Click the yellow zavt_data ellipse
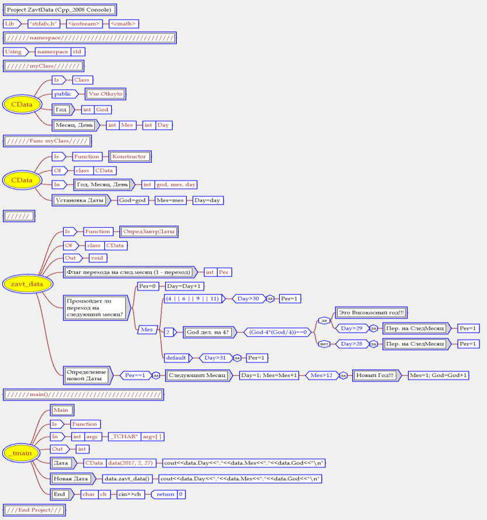tap(27, 284)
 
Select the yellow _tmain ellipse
tap(22, 453)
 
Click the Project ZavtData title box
tap(60, 10)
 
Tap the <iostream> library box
tap(84, 23)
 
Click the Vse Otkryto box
tap(106, 94)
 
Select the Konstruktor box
tap(129, 156)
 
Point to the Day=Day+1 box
tap(185, 286)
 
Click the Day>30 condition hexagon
tap(249, 299)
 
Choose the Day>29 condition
tap(351, 329)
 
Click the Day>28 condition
tap(351, 344)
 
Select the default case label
tap(176, 357)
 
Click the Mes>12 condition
tap(322, 375)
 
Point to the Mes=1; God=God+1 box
tap(438, 375)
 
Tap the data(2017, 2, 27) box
tap(130, 463)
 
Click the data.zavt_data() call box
tap(127, 478)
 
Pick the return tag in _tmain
tap(165, 494)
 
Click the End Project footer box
tap(34, 509)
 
